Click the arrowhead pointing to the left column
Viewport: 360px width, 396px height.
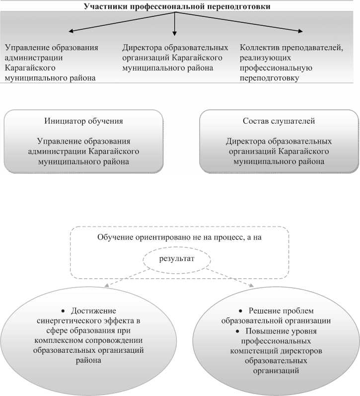(x=71, y=32)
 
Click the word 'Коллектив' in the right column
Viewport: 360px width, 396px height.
(x=259, y=48)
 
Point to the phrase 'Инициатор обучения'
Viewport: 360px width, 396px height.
(x=83, y=121)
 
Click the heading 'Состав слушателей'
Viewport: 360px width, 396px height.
(x=279, y=121)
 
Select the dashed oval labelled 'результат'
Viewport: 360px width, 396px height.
(x=177, y=259)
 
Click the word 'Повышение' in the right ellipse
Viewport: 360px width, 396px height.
(x=266, y=331)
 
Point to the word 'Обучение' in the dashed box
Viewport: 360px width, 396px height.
(x=115, y=237)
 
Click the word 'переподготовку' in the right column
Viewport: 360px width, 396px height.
(x=269, y=78)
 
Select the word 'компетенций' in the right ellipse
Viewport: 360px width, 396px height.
(x=250, y=351)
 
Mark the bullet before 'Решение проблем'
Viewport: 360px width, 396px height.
(x=241, y=311)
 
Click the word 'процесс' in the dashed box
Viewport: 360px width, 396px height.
(x=221, y=237)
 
